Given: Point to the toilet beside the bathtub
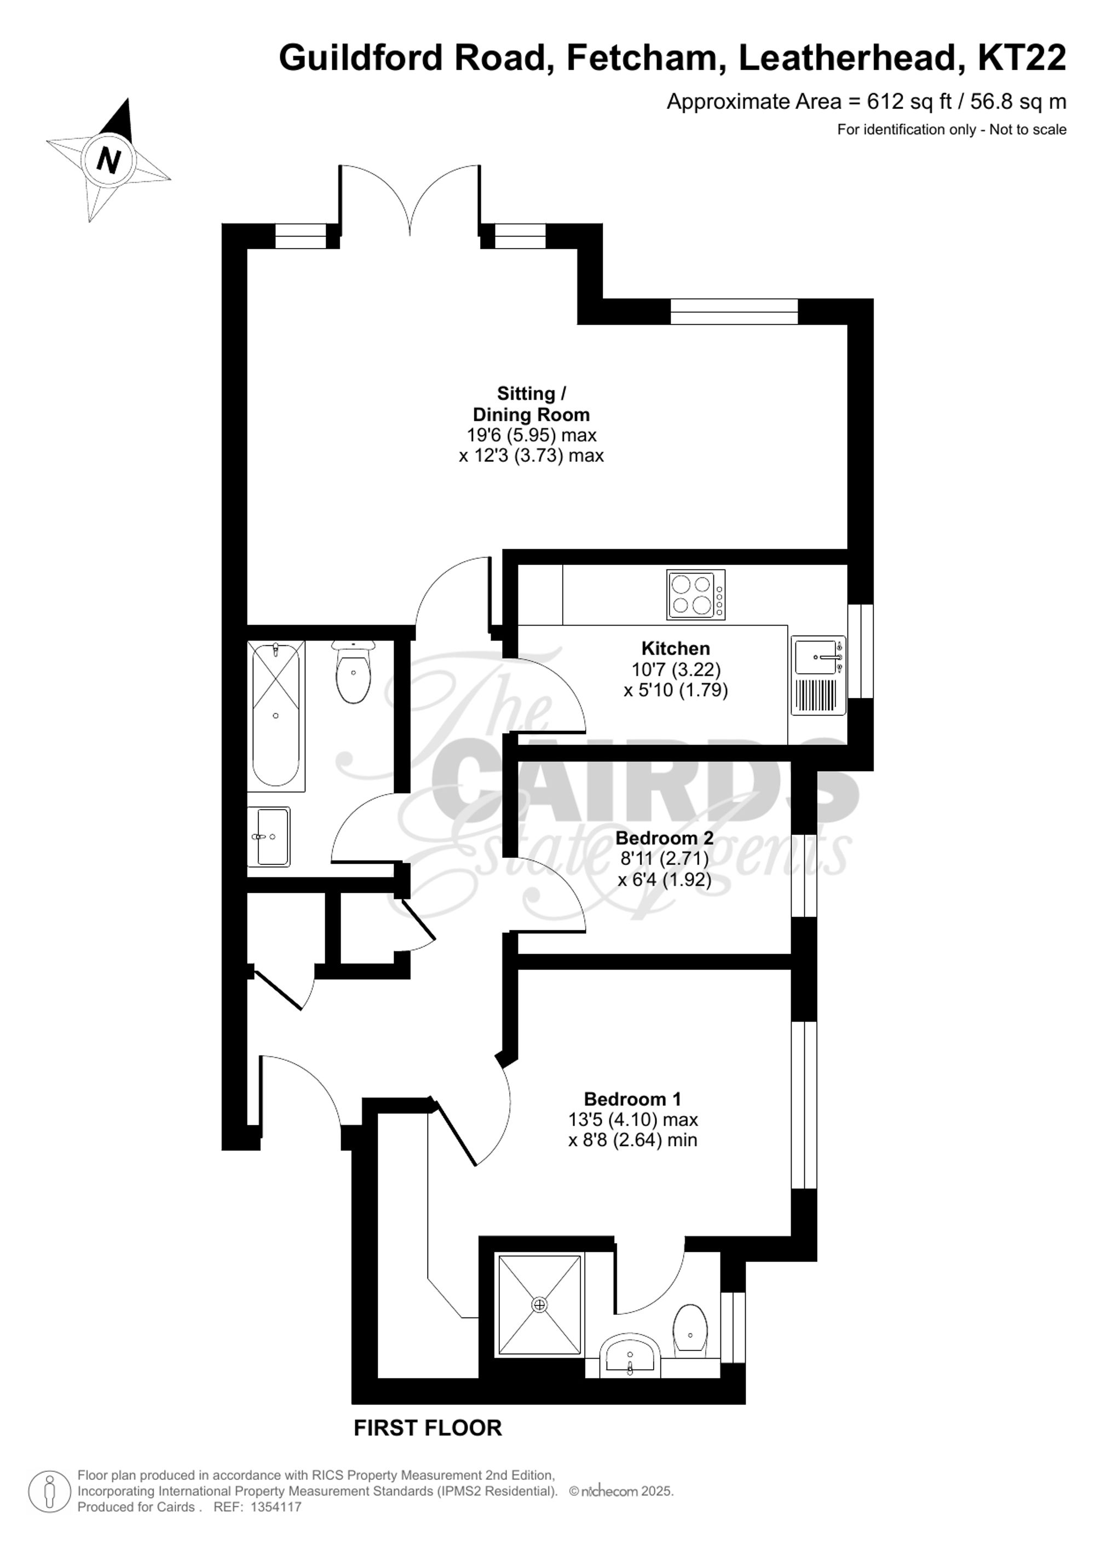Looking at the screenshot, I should [353, 672].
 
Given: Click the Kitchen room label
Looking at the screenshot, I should [675, 649].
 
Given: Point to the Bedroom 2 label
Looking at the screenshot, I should [664, 838].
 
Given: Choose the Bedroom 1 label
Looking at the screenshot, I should [632, 1099].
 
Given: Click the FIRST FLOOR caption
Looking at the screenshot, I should [428, 1428].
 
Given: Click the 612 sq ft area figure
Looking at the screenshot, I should [909, 102].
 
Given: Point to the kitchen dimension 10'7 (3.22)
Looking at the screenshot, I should [676, 669].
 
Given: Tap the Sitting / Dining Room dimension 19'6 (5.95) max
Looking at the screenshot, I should [531, 435].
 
